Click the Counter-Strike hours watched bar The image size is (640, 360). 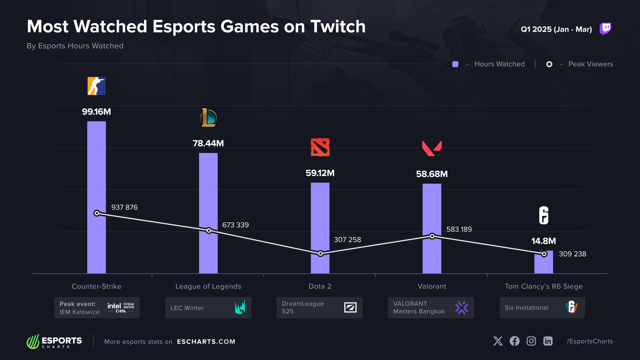(x=97, y=197)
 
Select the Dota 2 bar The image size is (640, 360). (x=320, y=228)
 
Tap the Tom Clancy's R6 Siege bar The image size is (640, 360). (x=544, y=262)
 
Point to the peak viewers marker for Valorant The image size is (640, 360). (x=432, y=236)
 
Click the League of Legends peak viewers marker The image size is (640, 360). (x=209, y=231)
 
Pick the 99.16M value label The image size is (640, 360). (x=97, y=112)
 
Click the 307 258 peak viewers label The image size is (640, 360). (x=347, y=240)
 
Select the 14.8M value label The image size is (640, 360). (x=544, y=241)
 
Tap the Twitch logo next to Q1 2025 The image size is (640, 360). (x=605, y=29)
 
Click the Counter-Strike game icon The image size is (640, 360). (x=97, y=86)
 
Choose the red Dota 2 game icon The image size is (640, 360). (x=320, y=147)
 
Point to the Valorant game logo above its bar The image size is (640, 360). (x=432, y=148)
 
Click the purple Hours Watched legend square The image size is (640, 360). (x=455, y=64)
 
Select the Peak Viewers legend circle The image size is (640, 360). (x=549, y=64)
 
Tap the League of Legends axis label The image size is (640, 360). (x=208, y=286)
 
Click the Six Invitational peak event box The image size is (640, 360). (x=542, y=308)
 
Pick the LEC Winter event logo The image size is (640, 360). (x=240, y=307)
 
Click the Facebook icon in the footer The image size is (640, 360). (x=515, y=341)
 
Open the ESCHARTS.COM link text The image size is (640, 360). (x=206, y=342)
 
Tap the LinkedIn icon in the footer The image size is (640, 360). (x=548, y=341)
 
